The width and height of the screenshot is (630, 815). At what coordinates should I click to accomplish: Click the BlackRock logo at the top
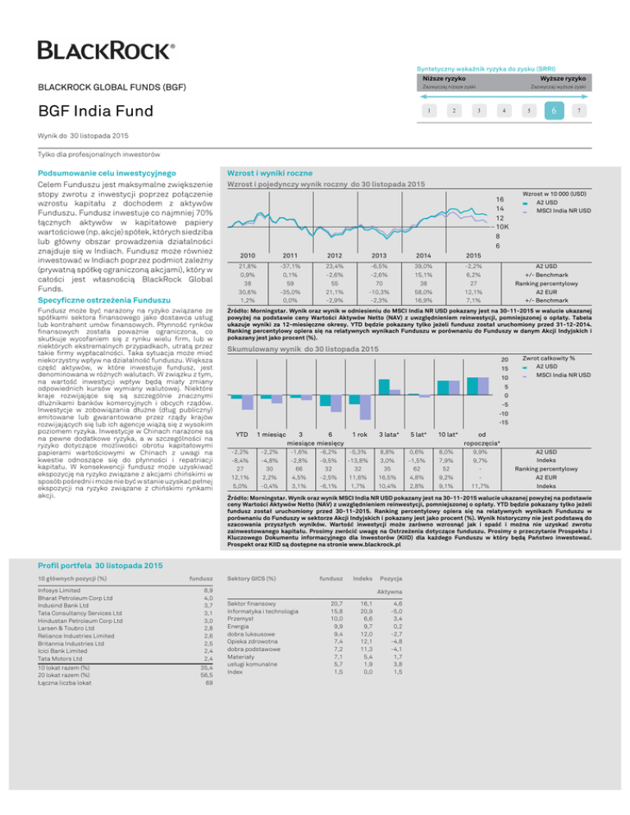107,50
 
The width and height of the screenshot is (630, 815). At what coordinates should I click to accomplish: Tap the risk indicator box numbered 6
555,111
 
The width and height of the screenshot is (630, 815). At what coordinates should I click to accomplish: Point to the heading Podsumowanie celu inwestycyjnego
108,174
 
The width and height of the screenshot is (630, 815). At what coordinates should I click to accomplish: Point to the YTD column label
242,433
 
